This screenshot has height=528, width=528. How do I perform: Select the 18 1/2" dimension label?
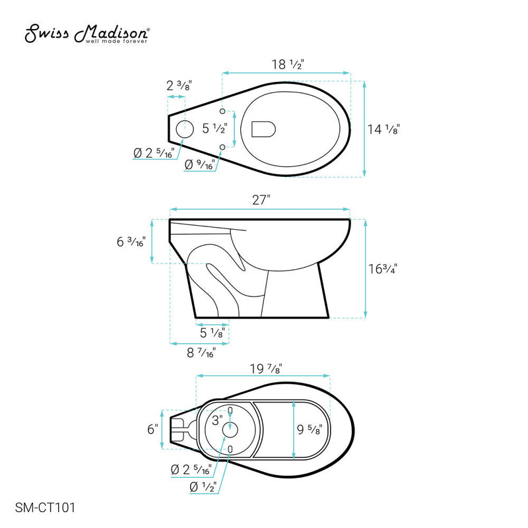288,65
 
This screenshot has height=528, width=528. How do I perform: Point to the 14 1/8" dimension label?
383,129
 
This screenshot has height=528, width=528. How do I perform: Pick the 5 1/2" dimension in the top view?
214,128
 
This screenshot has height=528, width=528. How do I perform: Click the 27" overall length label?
261,201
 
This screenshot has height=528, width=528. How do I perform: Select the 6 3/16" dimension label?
132,242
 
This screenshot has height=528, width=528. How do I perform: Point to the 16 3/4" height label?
383,268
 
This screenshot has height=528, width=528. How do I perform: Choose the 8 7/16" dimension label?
201,353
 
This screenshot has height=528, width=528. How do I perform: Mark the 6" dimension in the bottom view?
152,429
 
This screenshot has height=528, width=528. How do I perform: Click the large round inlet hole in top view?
185,129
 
